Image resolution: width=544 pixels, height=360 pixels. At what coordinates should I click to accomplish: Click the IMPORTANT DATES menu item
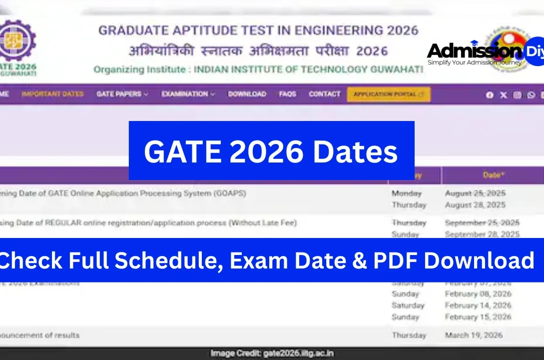click(52, 94)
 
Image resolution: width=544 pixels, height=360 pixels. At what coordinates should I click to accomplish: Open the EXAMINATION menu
click(188, 94)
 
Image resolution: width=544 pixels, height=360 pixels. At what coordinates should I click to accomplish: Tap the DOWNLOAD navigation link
click(247, 94)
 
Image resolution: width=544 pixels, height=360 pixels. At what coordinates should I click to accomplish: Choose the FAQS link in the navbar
click(288, 94)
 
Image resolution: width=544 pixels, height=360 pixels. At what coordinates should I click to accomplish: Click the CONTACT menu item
click(325, 94)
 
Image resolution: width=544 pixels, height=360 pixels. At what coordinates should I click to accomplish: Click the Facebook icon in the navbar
click(490, 95)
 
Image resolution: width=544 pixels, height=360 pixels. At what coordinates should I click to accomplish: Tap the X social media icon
click(504, 95)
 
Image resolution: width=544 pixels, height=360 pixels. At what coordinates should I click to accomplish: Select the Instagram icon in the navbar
click(517, 95)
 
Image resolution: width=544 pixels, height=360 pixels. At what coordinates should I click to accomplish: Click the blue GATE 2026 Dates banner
click(271, 150)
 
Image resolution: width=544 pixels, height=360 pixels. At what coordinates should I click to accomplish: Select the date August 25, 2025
click(475, 193)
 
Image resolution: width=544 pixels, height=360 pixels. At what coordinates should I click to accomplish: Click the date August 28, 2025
click(475, 205)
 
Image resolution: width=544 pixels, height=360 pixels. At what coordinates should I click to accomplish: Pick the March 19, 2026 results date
click(474, 335)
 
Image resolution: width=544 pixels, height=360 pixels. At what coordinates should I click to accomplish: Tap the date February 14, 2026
click(478, 305)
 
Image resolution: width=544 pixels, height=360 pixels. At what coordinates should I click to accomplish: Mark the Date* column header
click(494, 175)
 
